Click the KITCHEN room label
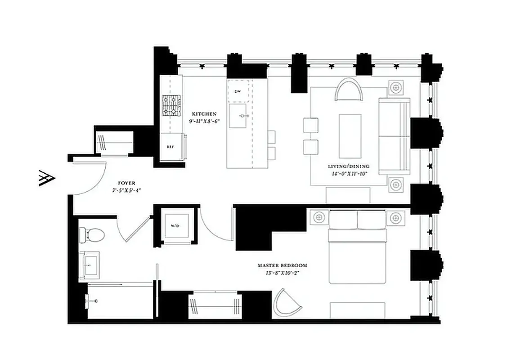[x=204, y=114]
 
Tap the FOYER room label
[x=126, y=183]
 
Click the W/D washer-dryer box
[x=175, y=226]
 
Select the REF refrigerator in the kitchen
[x=170, y=147]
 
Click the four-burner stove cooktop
[x=171, y=106]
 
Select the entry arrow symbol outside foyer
[x=47, y=178]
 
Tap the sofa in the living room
[x=394, y=135]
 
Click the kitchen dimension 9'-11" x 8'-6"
[x=204, y=121]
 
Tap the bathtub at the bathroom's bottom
[x=119, y=301]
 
